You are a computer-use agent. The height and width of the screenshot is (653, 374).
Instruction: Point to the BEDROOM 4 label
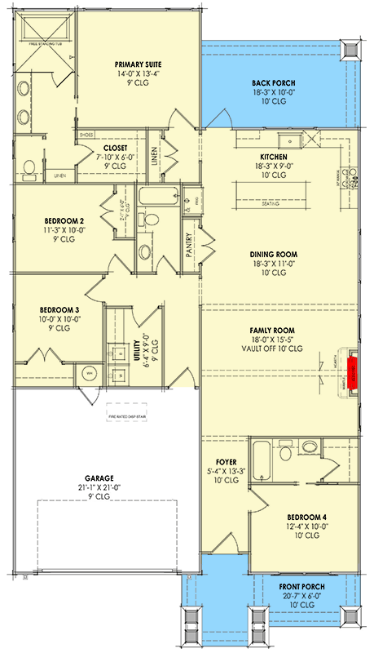click(307, 517)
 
